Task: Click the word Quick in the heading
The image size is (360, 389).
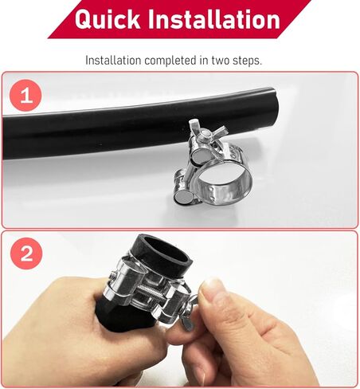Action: point(108,20)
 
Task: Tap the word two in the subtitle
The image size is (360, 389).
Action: point(231,60)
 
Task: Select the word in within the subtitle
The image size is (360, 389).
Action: point(209,60)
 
